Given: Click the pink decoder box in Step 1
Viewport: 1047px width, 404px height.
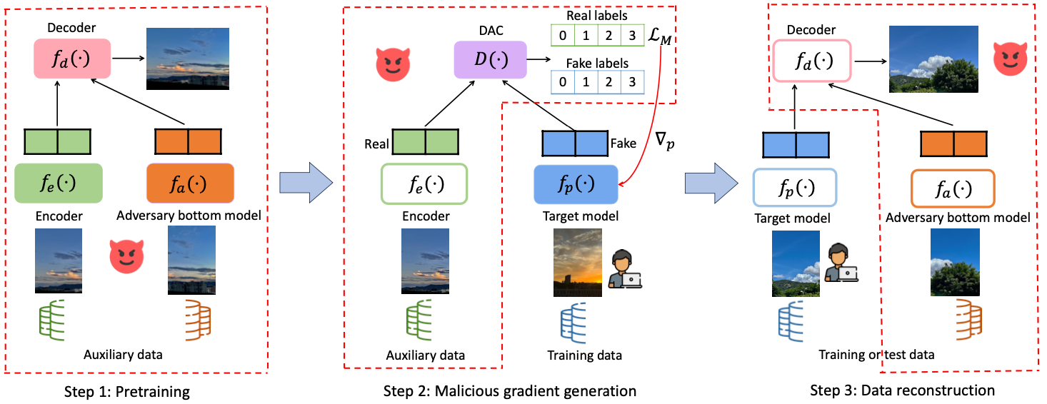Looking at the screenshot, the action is (x=72, y=59).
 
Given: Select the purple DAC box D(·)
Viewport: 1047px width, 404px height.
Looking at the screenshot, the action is (x=491, y=60).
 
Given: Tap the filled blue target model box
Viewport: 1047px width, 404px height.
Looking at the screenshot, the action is (x=576, y=184).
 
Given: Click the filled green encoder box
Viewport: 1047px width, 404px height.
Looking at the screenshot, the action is (x=59, y=183).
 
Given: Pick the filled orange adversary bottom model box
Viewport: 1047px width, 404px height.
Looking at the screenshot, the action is (x=190, y=183).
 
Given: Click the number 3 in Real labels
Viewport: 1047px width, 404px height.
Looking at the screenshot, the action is (x=632, y=36).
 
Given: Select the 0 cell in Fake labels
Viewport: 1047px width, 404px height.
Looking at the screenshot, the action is (x=563, y=82).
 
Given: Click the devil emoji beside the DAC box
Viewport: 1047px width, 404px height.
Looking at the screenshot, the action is (x=393, y=64).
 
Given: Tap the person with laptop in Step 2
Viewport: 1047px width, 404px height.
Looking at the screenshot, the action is (x=625, y=269).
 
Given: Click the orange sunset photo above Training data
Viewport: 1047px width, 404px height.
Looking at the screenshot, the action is (x=578, y=263).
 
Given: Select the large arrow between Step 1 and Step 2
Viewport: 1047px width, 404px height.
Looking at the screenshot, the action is (x=306, y=183).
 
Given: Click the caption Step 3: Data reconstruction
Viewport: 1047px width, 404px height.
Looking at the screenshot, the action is (x=902, y=390).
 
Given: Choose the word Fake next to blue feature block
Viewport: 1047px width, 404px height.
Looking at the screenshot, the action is (x=623, y=143).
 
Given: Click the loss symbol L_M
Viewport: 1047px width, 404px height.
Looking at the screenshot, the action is (x=659, y=36).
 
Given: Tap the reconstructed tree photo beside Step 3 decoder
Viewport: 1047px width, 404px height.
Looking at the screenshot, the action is (x=933, y=59).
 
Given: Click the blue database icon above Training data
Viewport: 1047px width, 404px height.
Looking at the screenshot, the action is (x=573, y=323).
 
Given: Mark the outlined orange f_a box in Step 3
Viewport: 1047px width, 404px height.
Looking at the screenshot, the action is (x=953, y=188).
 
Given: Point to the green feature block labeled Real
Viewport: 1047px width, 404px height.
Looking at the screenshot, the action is (x=426, y=142).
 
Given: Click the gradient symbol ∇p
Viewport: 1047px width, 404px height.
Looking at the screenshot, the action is (x=665, y=141).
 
